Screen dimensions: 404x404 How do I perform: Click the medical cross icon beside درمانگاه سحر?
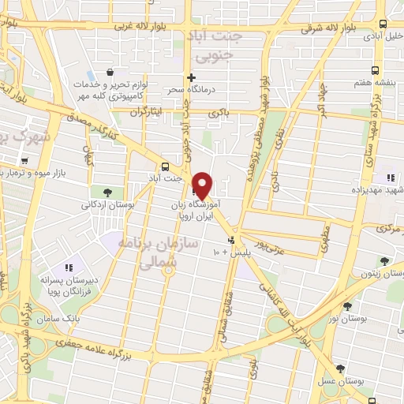[x=191, y=77]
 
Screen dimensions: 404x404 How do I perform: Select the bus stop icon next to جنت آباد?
[x=165, y=166]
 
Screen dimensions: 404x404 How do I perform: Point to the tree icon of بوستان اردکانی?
[x=107, y=191]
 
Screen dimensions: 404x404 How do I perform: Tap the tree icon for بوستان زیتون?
[x=384, y=260]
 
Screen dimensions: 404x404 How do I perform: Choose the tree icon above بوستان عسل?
[x=341, y=368]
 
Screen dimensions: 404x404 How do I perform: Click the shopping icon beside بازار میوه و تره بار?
[x=26, y=161]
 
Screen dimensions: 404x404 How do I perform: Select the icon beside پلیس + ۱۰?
[x=230, y=240]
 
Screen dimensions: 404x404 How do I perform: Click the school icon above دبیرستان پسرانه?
[x=68, y=266]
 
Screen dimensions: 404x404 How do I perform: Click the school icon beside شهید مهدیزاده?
[x=390, y=177]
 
